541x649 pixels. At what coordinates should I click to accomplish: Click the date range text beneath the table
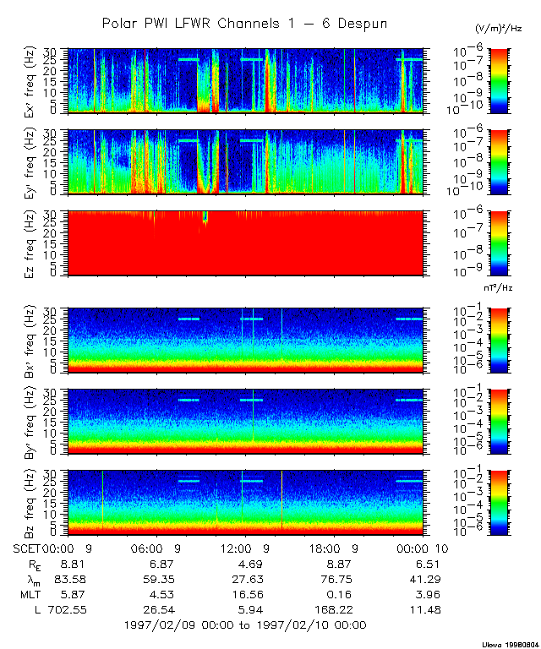pyautogui.click(x=244, y=625)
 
